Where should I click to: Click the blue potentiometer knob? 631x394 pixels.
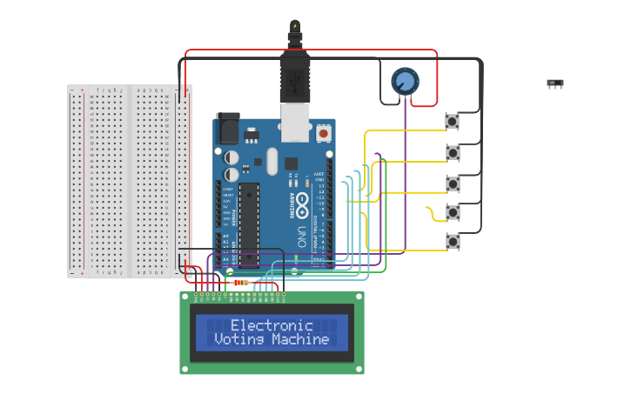pos(404,82)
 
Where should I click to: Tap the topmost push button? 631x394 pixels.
pos(453,122)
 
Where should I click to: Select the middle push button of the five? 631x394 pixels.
pos(453,183)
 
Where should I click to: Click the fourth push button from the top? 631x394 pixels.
pos(453,211)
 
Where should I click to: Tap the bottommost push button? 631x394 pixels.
pos(453,241)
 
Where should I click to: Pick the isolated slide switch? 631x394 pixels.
pos(554,83)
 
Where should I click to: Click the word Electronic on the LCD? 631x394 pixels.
pos(272,325)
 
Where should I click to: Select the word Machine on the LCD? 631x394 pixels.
pos(300,339)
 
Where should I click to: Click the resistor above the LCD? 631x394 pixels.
pos(241,283)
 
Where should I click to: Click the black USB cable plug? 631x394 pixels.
pos(295,74)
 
